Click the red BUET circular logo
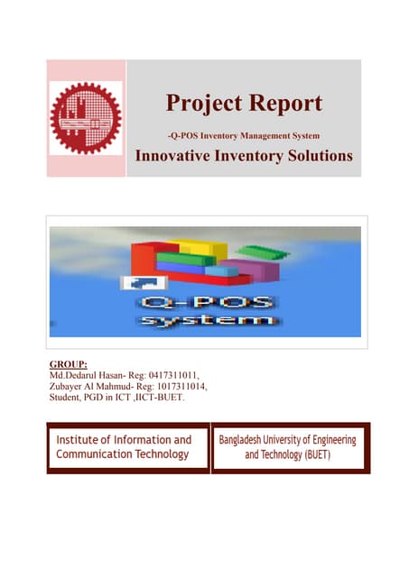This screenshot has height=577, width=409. pyautogui.click(x=86, y=118)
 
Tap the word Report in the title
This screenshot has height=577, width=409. pyautogui.click(x=286, y=103)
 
